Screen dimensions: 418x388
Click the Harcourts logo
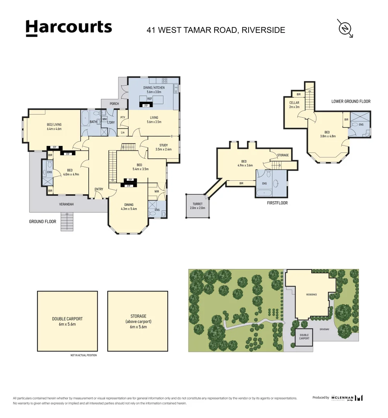coord(69,28)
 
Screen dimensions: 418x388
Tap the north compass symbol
coord(344,28)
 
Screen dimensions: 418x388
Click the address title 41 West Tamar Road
coord(216,30)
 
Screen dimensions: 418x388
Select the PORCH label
coord(114,103)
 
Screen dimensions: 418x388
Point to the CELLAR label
coord(294,104)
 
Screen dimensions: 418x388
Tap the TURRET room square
coord(197,206)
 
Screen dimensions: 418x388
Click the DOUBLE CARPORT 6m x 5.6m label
coord(67,322)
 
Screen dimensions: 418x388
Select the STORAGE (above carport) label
coord(138,322)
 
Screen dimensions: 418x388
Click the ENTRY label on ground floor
coord(99,189)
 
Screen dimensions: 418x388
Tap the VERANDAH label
coord(66,204)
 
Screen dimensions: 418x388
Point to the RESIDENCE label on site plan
coord(311,295)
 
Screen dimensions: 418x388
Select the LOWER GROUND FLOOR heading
coord(351,101)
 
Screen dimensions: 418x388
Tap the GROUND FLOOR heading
coord(43,222)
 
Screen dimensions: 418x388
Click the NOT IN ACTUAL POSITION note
coord(83,355)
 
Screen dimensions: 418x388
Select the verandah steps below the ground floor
coord(67,222)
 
